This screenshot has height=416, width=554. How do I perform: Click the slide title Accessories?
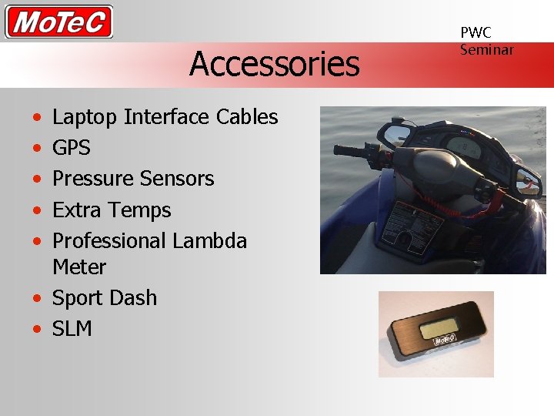tap(275, 63)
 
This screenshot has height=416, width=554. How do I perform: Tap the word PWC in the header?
tap(476, 32)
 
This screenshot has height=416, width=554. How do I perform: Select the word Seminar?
tap(486, 49)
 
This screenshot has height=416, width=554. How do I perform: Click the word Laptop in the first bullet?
tap(85, 117)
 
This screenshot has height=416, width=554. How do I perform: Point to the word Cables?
tap(247, 116)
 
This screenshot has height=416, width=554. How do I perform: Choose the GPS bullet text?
tap(71, 148)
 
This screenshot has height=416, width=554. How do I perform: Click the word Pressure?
tap(93, 179)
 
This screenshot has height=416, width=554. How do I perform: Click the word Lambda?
tap(209, 240)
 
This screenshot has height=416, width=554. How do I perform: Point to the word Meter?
tap(79, 267)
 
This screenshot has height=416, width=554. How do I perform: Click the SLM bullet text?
tap(72, 328)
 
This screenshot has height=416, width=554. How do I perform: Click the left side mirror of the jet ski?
tap(397, 136)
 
